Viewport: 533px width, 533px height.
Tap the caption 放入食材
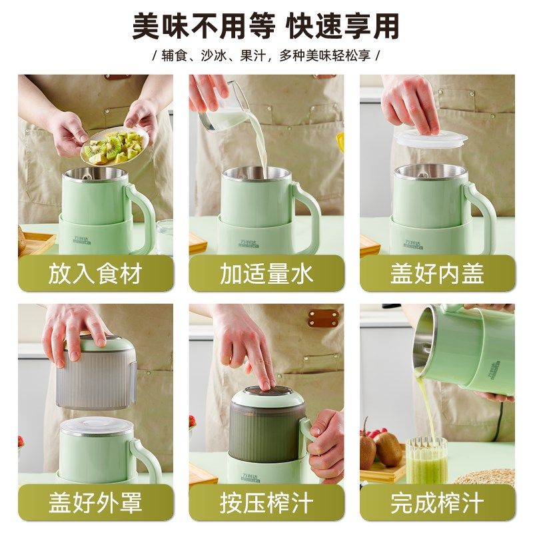(x=95, y=274)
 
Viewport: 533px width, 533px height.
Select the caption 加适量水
(x=266, y=274)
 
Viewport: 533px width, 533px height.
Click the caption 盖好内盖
(x=437, y=274)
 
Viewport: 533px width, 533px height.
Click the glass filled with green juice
(x=426, y=460)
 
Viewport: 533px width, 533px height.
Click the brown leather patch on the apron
(x=323, y=318)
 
